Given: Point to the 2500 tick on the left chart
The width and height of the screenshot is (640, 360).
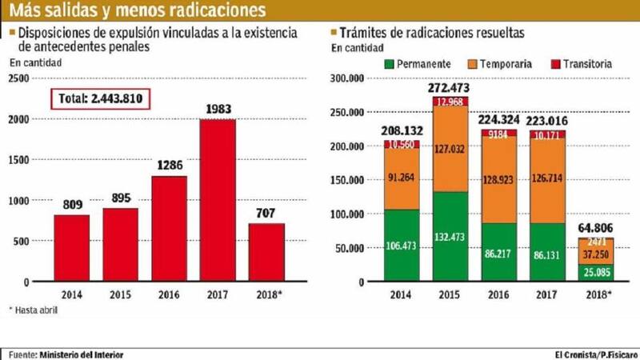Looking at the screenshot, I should tap(18, 78).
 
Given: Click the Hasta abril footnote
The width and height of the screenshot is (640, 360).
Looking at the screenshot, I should tap(33, 309).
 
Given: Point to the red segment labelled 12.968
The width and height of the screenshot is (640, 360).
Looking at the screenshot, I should tap(450, 102).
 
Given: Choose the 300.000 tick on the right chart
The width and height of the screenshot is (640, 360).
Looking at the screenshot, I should tap(347, 78).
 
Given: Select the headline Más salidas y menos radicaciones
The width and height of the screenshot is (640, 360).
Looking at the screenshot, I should tap(136, 11).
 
